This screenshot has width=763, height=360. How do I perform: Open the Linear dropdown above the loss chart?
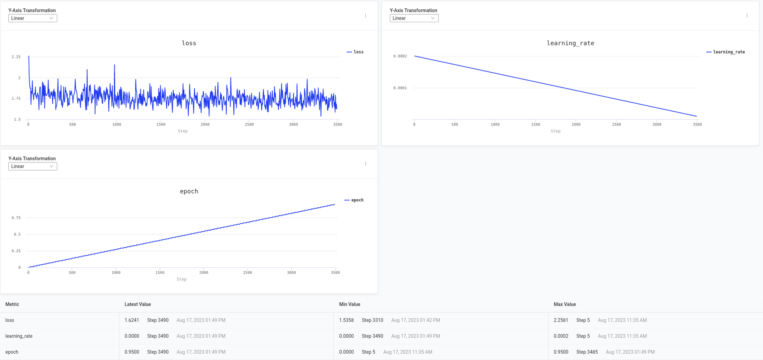33,18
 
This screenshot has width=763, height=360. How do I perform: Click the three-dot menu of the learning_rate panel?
747,15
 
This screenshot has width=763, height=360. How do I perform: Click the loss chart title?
189,43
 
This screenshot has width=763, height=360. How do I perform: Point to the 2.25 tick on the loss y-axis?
16,57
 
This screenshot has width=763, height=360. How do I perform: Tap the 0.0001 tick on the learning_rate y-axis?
400,88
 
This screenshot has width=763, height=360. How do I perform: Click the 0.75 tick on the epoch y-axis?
16,218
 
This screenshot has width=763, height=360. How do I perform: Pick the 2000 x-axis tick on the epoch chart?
203,273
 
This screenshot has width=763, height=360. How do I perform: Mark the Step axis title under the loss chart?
182,131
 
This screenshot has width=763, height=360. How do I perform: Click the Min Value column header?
349,304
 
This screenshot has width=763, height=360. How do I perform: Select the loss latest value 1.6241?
132,320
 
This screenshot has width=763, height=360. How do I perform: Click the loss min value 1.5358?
346,320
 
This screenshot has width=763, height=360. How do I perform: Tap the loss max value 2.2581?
561,320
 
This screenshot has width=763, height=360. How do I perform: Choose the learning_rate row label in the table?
19,336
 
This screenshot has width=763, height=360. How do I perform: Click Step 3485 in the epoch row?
587,352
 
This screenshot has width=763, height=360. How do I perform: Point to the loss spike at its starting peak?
29,57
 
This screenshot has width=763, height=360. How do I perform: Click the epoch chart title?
189,191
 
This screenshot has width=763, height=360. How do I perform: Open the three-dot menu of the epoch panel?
365,164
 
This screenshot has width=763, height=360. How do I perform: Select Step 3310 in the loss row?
372,320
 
